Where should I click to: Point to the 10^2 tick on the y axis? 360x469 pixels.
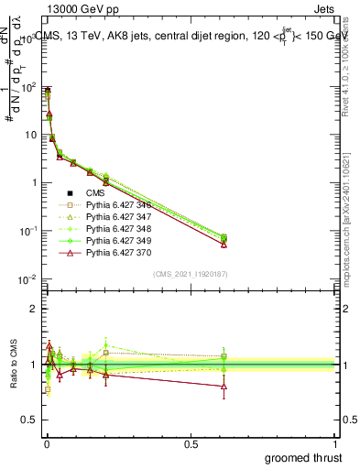32,87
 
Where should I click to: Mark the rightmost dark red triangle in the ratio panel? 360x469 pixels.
224,387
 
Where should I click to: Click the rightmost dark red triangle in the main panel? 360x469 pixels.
224,244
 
